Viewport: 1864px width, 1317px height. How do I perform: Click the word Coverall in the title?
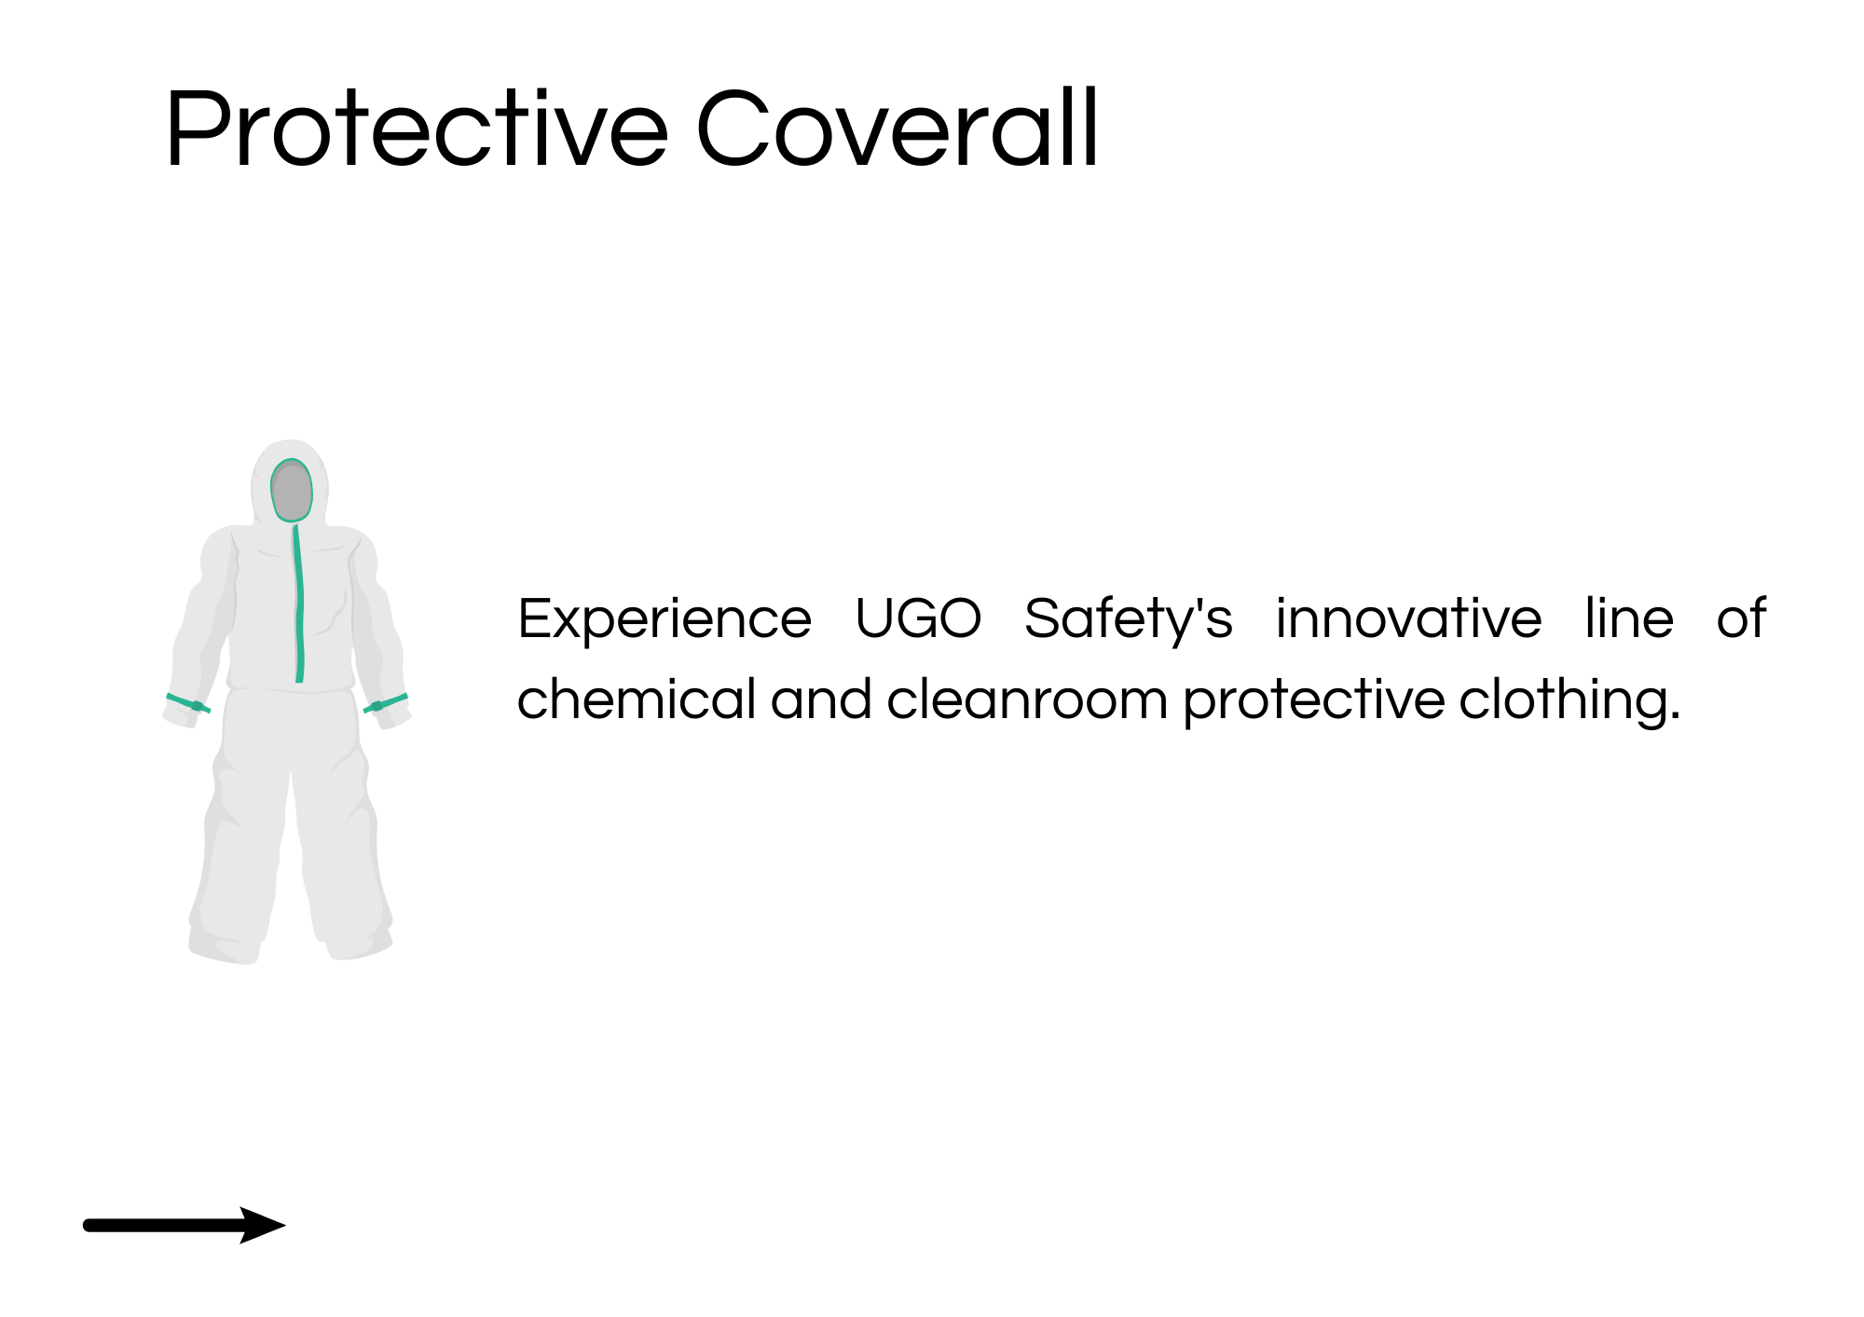898,129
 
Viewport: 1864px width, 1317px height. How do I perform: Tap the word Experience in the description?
665,620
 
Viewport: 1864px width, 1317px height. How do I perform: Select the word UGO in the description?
918,618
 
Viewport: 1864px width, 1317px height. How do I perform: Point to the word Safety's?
1129,620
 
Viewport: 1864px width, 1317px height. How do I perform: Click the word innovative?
1409,618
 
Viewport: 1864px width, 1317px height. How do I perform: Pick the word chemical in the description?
637,699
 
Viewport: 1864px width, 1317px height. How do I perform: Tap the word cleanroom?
1027,699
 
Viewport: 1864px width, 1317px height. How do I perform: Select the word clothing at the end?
1569,701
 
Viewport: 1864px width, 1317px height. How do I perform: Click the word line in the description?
1629,618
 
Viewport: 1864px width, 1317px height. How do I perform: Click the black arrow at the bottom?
185,1225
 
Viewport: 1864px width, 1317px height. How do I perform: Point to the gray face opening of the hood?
292,491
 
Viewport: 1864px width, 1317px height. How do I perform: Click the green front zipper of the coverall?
299,604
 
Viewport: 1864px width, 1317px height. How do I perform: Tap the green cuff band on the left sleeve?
188,703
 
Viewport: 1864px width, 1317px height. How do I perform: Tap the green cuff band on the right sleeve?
386,703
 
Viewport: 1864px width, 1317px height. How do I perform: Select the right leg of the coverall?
341,838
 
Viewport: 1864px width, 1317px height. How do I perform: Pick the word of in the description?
1741,618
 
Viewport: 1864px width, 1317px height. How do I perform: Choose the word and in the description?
821,699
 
